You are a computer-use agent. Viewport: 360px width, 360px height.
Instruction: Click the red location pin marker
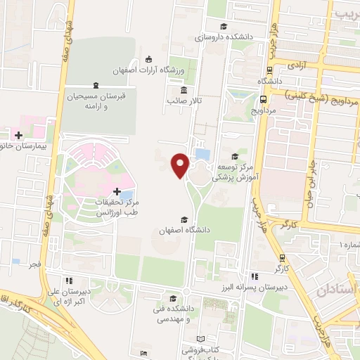click(x=181, y=165)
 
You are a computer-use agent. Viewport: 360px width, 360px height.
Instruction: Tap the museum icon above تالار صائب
click(x=184, y=90)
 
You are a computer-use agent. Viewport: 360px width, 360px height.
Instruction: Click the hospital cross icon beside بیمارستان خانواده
click(x=18, y=134)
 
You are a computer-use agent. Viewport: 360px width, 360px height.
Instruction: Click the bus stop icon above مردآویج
click(x=264, y=100)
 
